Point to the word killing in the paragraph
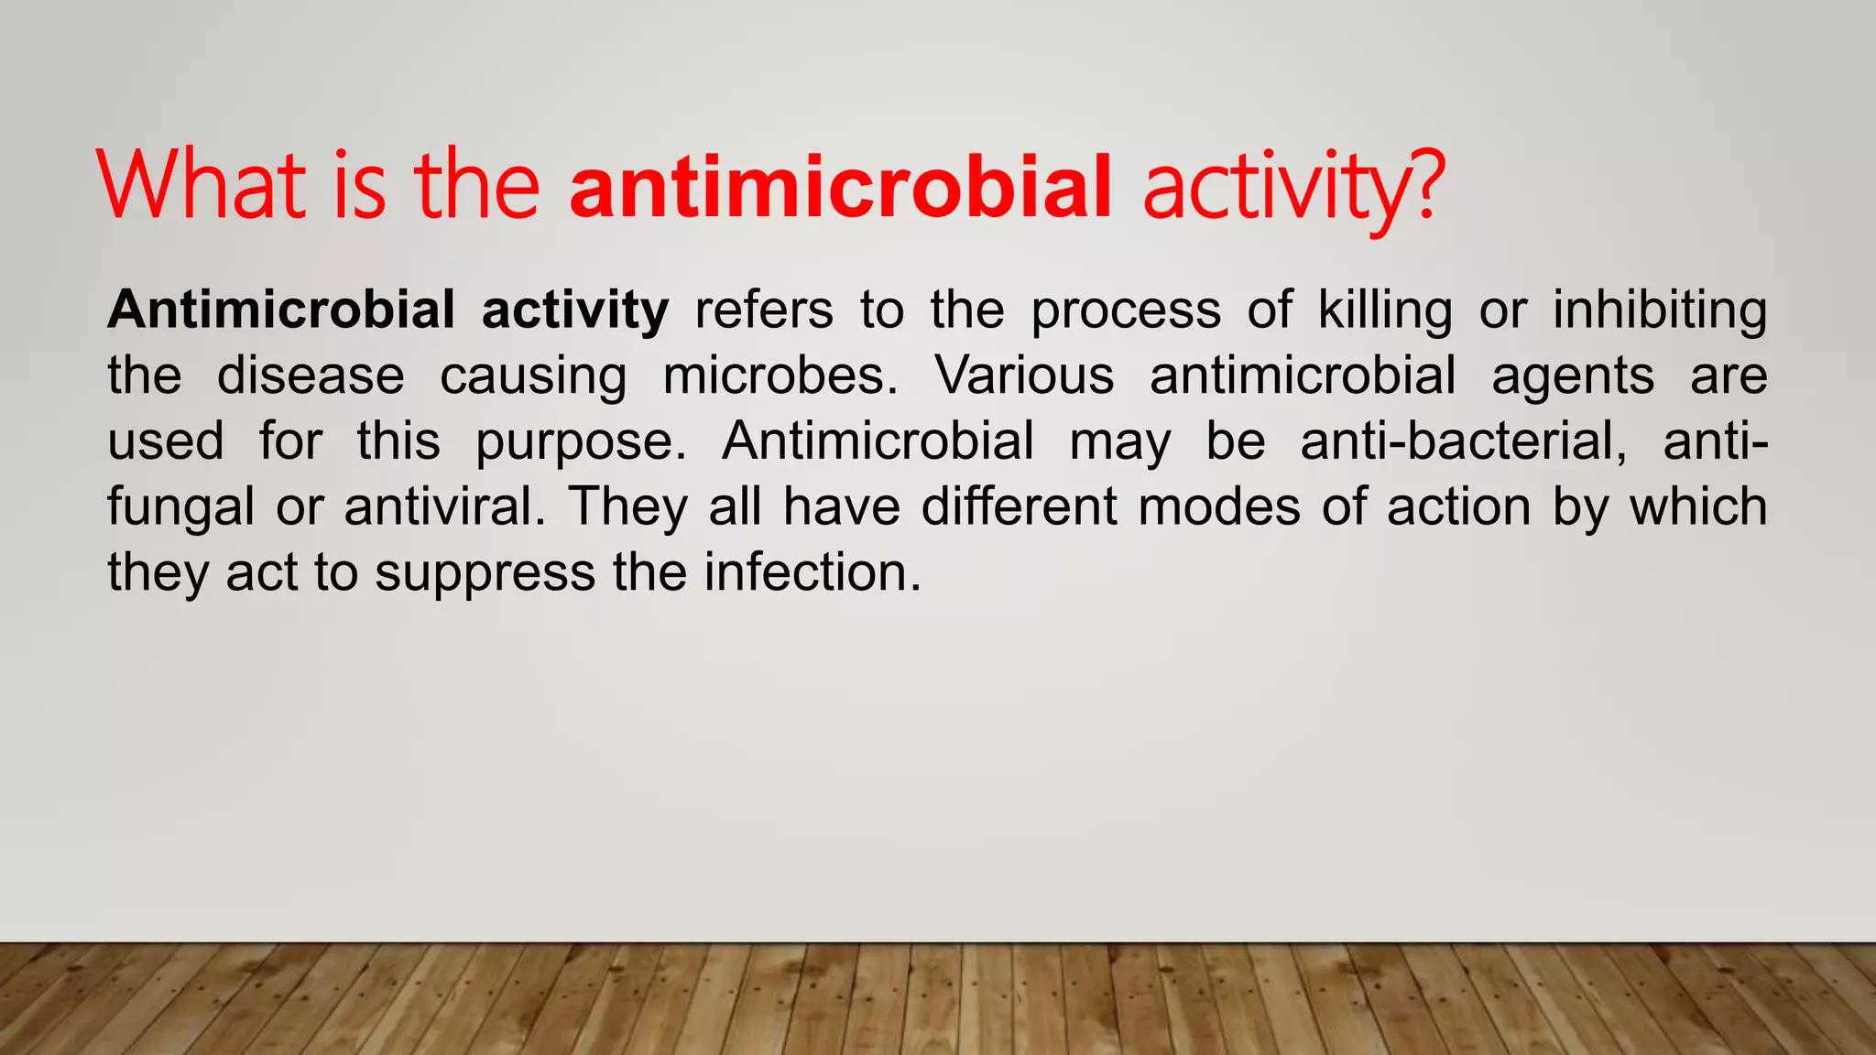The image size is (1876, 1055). pyautogui.click(x=1384, y=310)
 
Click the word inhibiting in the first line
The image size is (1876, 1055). pyautogui.click(x=1659, y=310)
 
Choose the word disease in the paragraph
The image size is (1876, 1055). pyautogui.click(x=311, y=375)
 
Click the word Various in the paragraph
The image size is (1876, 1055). pyautogui.click(x=1024, y=375)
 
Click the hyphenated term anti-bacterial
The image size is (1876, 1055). pyautogui.click(x=1463, y=440)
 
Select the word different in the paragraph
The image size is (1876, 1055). pyautogui.click(x=1019, y=506)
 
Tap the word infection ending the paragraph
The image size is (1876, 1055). pyautogui.click(x=812, y=572)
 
